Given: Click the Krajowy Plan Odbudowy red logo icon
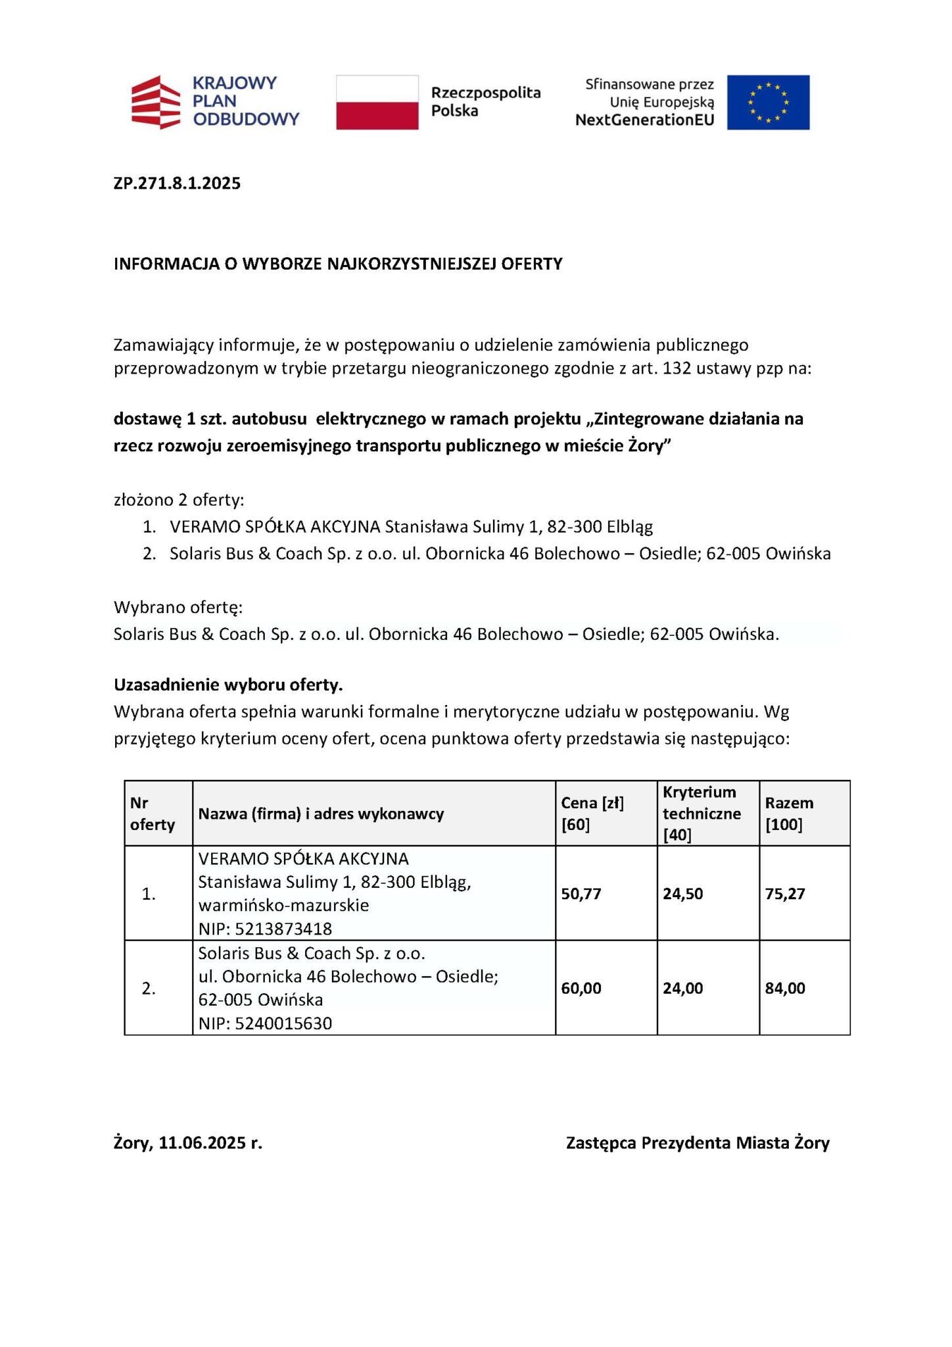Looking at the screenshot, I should [156, 101].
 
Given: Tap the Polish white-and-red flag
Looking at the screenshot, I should [377, 102].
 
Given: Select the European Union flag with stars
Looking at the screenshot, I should [768, 102].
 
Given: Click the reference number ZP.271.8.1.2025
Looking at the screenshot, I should [177, 183].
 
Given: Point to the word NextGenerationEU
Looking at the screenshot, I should [644, 120].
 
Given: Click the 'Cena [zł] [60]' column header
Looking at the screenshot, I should [592, 813].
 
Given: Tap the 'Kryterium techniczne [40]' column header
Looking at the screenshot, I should [701, 813].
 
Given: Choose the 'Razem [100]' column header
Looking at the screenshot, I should [789, 813].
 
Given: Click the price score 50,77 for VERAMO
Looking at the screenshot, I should [581, 893].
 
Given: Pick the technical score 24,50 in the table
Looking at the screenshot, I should [683, 893].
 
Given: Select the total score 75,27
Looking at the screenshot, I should [785, 893].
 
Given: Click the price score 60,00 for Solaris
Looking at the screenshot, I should [581, 988].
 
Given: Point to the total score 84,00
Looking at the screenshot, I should [785, 988].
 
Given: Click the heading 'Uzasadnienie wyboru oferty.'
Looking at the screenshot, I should [228, 685].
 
